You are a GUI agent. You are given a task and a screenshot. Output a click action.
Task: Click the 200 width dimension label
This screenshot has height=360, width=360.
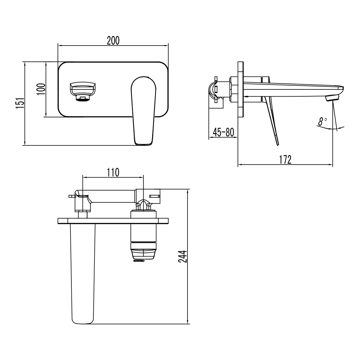113,40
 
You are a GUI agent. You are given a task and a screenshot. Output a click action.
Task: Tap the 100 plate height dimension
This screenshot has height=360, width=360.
41,89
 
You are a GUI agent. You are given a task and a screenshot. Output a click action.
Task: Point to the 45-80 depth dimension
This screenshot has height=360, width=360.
223,132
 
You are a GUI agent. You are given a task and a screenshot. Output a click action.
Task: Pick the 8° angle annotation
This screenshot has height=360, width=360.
322,121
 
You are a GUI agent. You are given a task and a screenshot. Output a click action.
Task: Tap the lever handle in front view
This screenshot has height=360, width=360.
144,111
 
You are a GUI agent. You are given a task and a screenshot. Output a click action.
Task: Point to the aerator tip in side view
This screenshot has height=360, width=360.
332,98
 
